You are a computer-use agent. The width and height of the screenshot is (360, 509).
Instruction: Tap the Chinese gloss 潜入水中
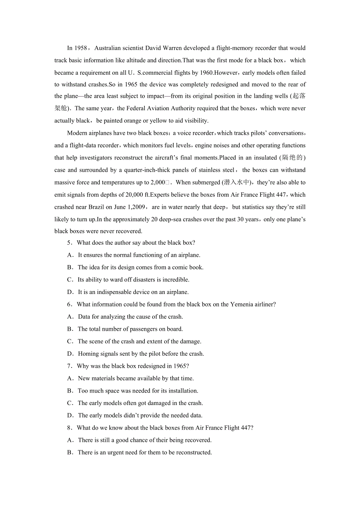point(237,183)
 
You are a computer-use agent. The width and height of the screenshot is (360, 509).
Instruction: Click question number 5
point(69,243)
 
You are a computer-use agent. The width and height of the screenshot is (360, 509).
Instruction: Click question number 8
point(69,428)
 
